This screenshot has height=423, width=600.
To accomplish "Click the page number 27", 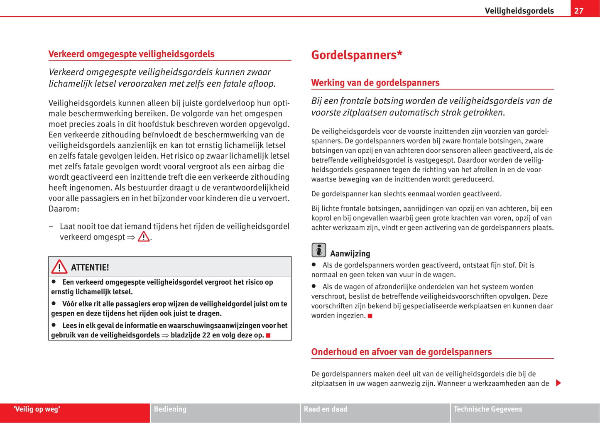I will [x=579, y=11].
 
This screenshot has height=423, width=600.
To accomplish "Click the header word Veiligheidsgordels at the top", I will [x=519, y=11].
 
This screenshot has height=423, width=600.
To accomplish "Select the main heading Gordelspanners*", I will [x=357, y=55].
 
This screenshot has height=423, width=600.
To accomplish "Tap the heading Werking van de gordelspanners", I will [x=375, y=83].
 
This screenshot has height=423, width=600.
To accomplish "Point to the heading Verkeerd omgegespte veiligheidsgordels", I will [x=131, y=54].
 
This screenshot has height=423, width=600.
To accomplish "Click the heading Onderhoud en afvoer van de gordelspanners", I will [x=401, y=352].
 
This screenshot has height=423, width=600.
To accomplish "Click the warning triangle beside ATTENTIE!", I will [x=59, y=267].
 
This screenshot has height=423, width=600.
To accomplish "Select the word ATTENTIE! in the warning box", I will [x=90, y=267].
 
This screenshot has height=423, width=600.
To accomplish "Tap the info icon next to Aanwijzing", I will [x=318, y=250].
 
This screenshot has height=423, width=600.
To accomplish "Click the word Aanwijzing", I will [x=350, y=254].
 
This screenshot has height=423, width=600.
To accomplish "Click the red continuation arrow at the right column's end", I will [x=558, y=383].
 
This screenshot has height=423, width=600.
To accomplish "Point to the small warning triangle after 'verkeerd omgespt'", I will [x=144, y=237].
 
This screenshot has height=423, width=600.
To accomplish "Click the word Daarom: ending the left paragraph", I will [x=64, y=209].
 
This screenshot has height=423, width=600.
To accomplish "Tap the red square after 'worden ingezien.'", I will [x=370, y=316].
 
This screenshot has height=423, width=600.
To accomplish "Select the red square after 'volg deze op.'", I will [x=268, y=335].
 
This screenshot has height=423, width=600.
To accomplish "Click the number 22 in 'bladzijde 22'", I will [x=206, y=335].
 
